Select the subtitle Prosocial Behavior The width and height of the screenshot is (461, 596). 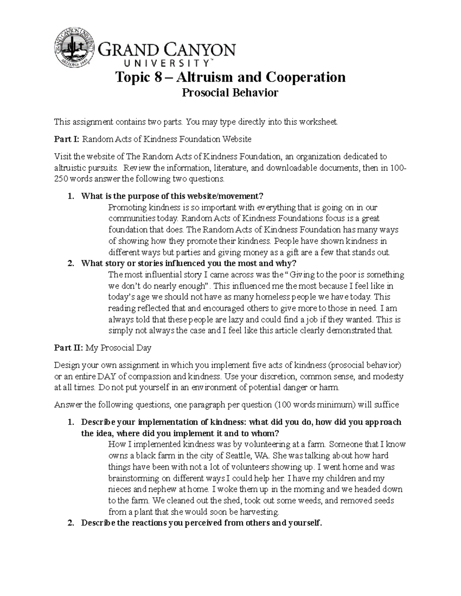point(230,93)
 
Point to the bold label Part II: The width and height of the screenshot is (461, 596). point(68,348)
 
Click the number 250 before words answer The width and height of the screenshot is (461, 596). point(60,179)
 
